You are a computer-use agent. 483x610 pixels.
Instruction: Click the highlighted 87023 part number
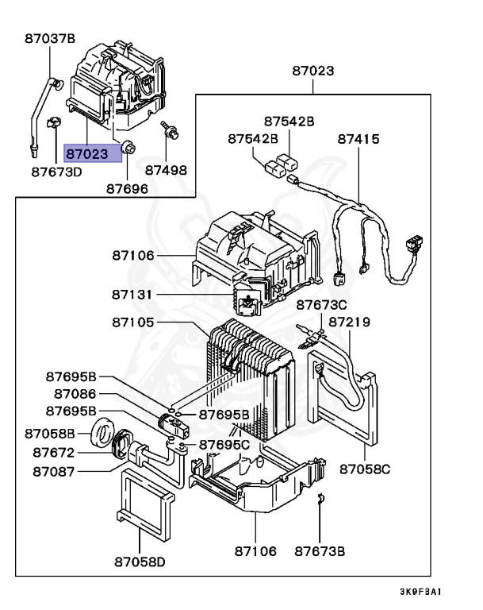94,152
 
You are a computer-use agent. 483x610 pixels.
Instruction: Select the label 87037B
49,37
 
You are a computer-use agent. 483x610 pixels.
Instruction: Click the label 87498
167,170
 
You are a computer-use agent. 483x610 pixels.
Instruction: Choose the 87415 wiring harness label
358,138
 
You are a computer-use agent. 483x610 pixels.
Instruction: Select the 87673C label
322,305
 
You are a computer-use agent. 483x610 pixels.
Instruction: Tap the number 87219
350,322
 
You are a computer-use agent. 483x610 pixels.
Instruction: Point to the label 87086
75,393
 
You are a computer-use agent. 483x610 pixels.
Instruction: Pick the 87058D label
139,562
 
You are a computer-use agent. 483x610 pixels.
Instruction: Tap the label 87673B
320,550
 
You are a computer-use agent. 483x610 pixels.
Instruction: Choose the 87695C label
224,444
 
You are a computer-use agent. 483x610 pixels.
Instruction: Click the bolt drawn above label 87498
167,131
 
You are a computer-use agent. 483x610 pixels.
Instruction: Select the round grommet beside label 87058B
101,435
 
